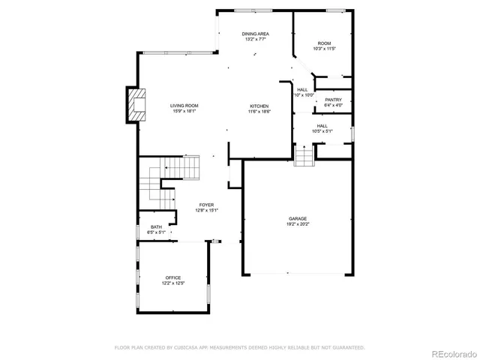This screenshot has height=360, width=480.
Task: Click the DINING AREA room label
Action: [x=255, y=34]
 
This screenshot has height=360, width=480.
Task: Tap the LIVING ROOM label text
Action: [x=184, y=106]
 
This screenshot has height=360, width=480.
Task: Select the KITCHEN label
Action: [x=259, y=106]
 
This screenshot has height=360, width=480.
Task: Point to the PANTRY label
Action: [x=333, y=100]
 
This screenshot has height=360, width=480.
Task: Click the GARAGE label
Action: [x=298, y=219]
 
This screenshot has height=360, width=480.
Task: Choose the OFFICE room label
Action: [x=173, y=277]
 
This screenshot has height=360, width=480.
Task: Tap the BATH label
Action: [x=156, y=226]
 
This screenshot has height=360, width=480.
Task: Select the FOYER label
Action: [x=206, y=205]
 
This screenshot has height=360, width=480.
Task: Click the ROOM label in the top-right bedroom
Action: [x=324, y=43]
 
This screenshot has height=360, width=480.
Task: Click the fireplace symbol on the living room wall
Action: [x=136, y=105]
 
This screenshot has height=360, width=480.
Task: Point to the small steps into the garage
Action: [x=303, y=157]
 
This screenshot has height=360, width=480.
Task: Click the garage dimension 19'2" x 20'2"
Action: [x=298, y=224]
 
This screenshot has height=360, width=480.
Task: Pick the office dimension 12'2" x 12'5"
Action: [x=173, y=283]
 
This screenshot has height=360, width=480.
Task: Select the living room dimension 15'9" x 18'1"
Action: [x=184, y=112]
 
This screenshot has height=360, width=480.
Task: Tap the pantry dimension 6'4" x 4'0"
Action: [x=333, y=105]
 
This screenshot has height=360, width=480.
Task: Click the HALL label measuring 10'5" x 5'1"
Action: [x=322, y=126]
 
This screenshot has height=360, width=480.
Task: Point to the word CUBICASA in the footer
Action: [x=190, y=347]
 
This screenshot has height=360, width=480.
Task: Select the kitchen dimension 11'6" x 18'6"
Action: [x=259, y=112]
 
